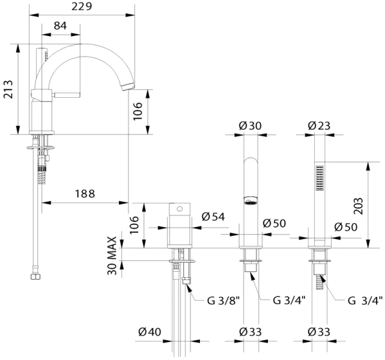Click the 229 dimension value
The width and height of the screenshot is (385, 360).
82,7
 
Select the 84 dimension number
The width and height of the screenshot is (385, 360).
60,26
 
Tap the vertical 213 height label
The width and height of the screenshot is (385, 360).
8,89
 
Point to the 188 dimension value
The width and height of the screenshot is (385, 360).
85,194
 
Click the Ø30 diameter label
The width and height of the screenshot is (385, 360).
250,126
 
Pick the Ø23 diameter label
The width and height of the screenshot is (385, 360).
319,126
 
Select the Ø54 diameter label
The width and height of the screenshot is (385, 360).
213,217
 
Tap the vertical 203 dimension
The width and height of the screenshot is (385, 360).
359,206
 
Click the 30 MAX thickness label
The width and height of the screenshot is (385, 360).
112,256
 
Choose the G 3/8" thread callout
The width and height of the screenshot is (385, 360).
223,301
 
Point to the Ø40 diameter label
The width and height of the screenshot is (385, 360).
150,332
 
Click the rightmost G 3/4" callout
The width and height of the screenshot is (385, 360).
365,301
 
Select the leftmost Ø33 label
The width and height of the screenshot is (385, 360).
250,332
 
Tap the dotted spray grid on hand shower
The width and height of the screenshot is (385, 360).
320,178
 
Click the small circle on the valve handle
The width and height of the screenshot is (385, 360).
180,209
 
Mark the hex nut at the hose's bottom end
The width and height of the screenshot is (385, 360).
35,277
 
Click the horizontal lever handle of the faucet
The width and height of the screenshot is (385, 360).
66,95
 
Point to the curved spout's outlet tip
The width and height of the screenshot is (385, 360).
128,87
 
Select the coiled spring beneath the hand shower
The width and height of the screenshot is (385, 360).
320,282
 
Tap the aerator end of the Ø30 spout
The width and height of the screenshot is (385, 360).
250,200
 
